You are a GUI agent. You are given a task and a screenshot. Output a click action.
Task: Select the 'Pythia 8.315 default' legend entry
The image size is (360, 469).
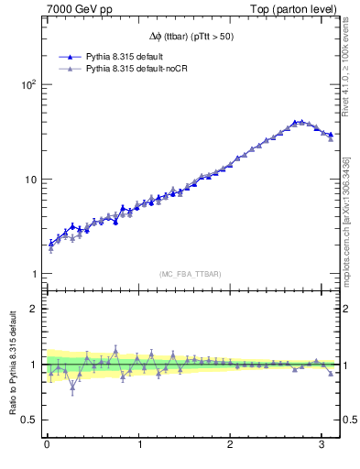coord(125,56)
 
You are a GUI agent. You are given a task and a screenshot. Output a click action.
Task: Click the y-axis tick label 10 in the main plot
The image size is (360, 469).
coord(29,180)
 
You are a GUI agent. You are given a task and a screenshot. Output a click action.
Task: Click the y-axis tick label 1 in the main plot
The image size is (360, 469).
coord(33,275)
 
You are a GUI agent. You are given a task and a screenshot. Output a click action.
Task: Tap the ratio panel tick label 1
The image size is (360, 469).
coord(33,365)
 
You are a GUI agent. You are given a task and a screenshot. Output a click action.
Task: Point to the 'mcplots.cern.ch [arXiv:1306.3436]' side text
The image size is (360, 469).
coord(349,208)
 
